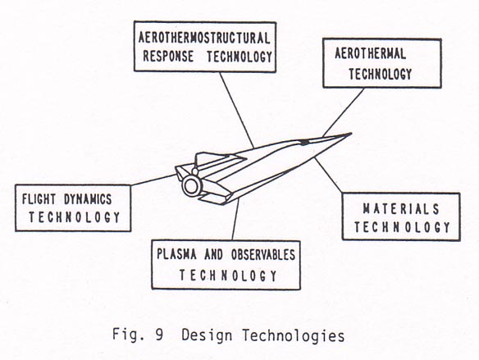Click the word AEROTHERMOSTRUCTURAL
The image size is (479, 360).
coord(204,38)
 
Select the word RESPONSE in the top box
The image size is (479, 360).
coord(168,57)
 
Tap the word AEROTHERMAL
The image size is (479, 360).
coord(370,53)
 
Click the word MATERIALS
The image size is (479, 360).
coord(401,209)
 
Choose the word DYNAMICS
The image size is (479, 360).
coord(88,199)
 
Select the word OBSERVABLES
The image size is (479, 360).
coord(263,254)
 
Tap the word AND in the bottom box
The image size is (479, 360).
coord(214,254)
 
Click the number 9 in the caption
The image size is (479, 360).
coord(159,335)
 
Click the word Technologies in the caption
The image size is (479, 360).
coord(294,336)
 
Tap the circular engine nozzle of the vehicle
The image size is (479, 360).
coord(192,186)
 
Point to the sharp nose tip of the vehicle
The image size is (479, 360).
coord(351,134)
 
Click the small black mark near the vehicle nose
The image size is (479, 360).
coord(304,143)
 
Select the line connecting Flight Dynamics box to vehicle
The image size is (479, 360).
coord(153,180)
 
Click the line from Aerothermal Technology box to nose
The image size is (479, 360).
coord(344,112)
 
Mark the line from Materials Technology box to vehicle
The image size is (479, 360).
coord(328,175)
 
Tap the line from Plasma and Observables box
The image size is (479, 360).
coord(235,219)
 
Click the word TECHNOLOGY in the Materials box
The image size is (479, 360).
coord(402,227)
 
